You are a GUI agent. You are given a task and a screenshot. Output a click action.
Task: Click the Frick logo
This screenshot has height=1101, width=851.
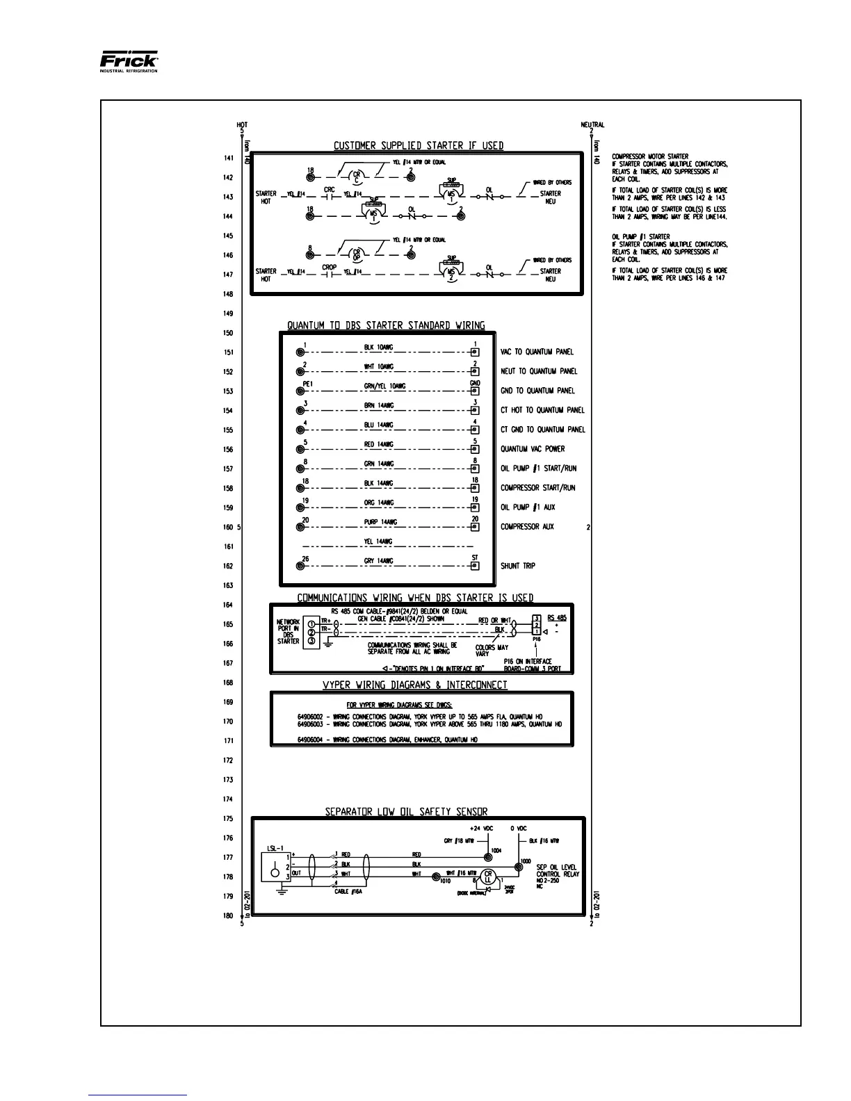pos(129,61)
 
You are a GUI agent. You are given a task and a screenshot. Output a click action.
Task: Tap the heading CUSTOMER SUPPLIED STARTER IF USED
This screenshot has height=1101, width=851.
pos(419,146)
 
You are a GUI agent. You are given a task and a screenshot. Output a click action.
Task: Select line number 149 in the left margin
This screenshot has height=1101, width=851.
pos(228,313)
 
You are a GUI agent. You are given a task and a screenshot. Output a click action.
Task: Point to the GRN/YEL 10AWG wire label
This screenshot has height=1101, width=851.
pos(384,386)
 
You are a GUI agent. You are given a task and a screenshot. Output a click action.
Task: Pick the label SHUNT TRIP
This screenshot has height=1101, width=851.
pos(518,566)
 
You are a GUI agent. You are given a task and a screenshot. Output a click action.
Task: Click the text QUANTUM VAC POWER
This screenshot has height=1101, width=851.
pos(533,449)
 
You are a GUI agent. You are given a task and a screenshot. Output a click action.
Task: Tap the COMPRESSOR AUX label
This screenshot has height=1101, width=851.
pos(527,527)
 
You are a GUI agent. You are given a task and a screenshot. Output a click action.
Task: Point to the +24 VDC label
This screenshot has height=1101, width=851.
pos(482,829)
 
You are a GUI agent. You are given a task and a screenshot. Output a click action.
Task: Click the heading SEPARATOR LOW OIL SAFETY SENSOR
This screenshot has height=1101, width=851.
pos(407,811)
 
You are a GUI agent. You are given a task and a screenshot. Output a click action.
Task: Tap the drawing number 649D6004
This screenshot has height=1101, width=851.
pos(312,740)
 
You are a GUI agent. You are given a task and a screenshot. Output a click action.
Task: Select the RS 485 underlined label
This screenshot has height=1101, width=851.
pos(557,618)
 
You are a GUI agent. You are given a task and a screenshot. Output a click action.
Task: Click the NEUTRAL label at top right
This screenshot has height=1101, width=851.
pos(592,125)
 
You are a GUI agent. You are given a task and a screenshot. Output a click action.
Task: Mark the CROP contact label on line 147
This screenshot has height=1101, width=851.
pos(330,267)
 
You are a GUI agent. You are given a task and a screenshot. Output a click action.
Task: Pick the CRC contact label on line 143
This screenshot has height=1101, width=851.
pos(330,189)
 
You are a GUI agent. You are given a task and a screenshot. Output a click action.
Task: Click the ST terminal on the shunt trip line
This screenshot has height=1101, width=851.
pos(475,565)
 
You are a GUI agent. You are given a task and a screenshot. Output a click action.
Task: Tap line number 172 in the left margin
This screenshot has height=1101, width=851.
pos(228,761)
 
